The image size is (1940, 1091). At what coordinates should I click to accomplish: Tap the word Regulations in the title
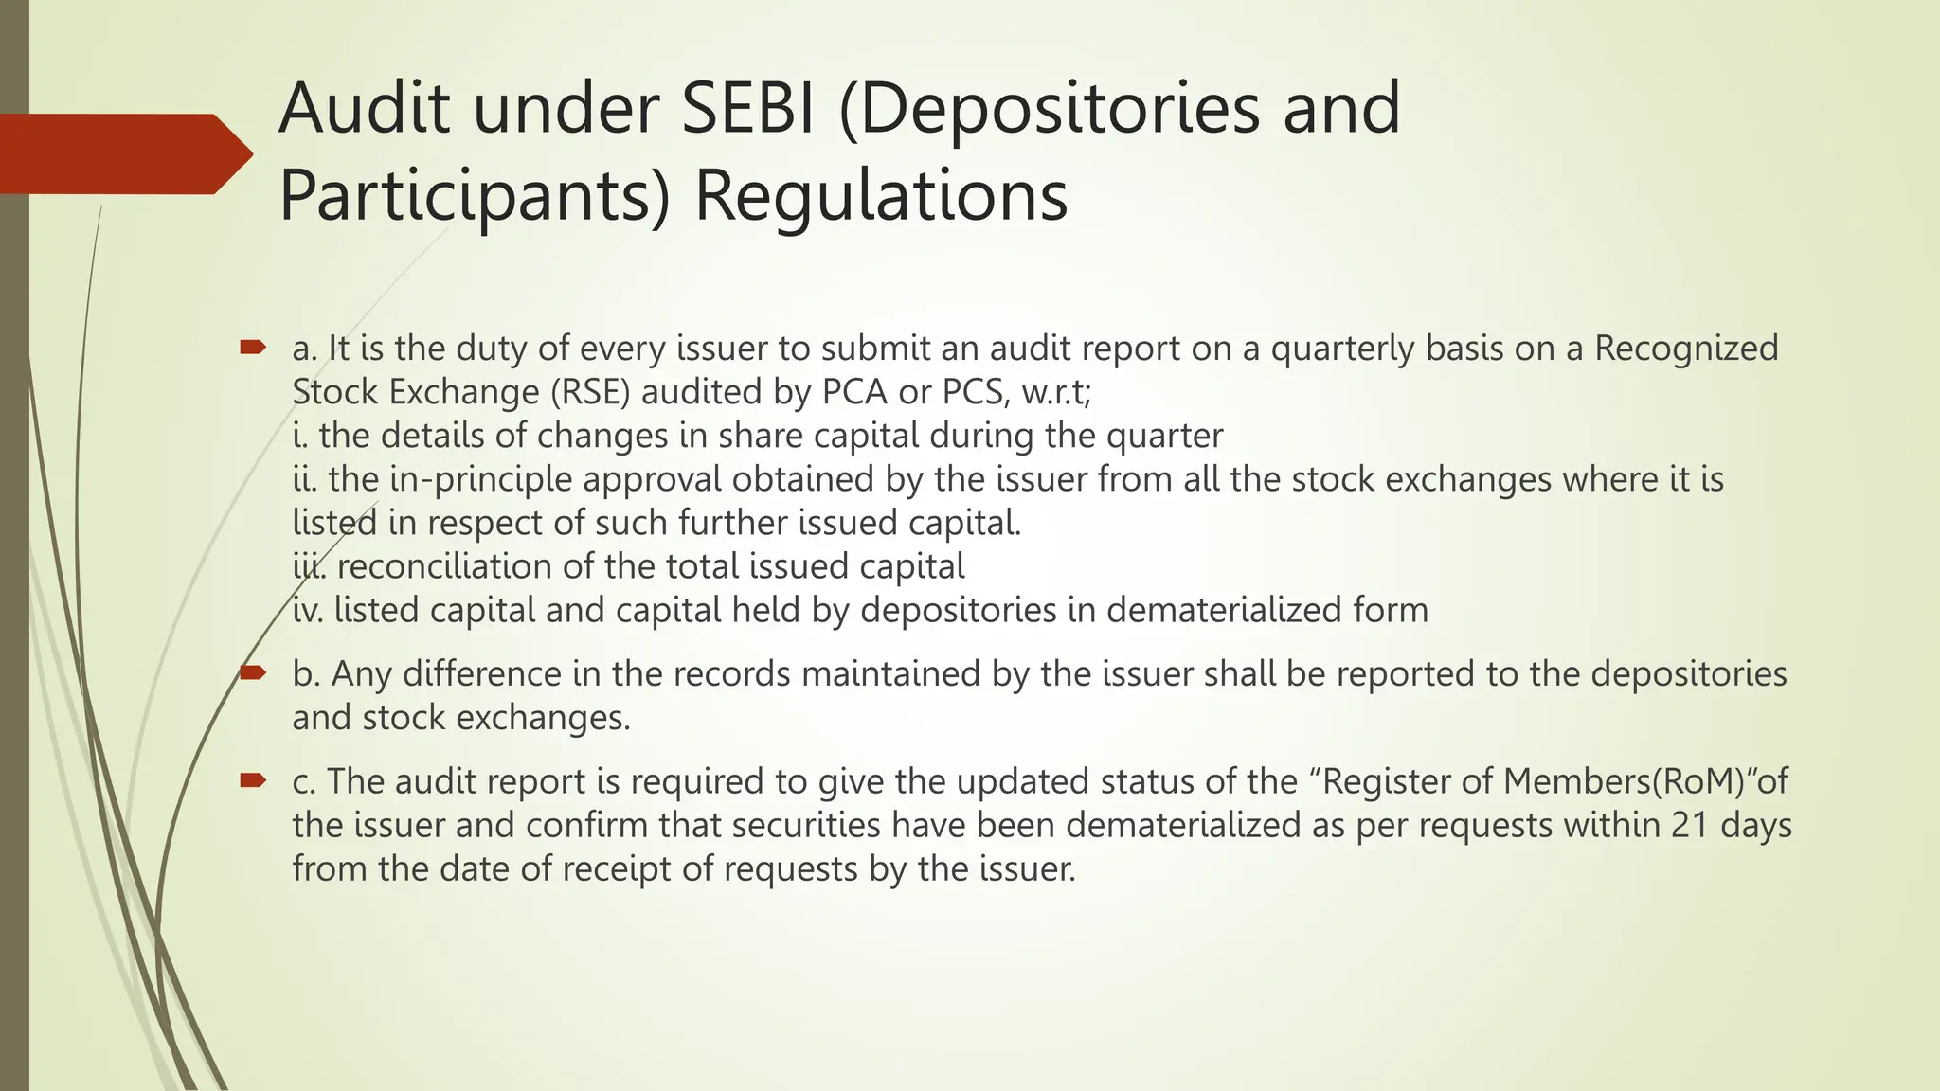pos(882,196)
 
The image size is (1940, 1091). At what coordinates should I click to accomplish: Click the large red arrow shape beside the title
pos(123,153)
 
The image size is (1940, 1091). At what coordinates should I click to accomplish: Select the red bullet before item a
pos(252,349)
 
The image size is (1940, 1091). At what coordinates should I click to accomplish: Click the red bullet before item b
pos(252,673)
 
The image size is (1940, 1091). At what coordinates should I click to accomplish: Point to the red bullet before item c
pos(252,780)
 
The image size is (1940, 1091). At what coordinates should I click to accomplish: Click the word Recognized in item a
pos(1686,349)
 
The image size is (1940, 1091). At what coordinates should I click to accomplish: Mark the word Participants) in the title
pos(475,196)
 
